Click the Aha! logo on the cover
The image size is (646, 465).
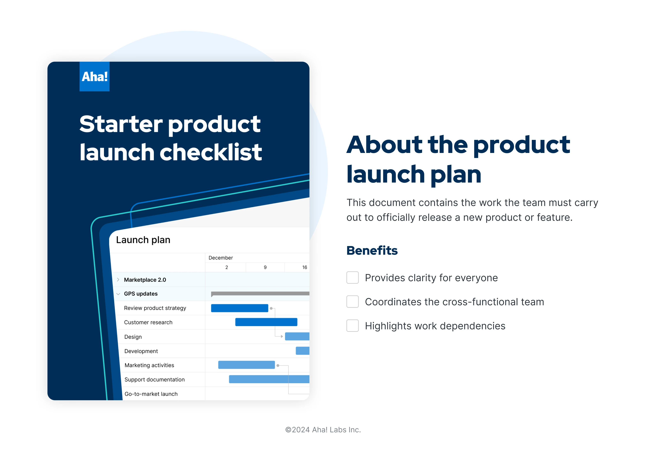click(x=94, y=76)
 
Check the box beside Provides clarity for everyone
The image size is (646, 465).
click(x=352, y=278)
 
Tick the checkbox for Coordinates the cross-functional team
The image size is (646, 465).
click(x=352, y=301)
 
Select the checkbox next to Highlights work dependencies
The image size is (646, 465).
click(x=352, y=326)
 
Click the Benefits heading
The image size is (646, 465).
click(x=372, y=250)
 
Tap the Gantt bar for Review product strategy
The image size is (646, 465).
click(x=239, y=308)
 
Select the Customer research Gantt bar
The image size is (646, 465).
click(x=266, y=322)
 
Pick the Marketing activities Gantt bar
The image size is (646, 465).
click(x=246, y=365)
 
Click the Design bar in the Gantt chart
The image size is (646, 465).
click(x=297, y=336)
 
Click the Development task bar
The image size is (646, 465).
click(x=302, y=351)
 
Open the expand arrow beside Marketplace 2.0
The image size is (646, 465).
click(x=118, y=280)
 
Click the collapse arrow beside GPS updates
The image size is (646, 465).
click(x=118, y=294)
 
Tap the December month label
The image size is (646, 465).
click(x=220, y=258)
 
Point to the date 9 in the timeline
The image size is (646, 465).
click(x=265, y=267)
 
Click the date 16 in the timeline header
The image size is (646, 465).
click(x=304, y=267)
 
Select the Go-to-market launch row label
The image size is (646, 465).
click(x=151, y=394)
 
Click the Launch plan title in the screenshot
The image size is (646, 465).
click(x=143, y=240)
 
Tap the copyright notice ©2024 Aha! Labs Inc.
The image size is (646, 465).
click(x=323, y=430)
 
